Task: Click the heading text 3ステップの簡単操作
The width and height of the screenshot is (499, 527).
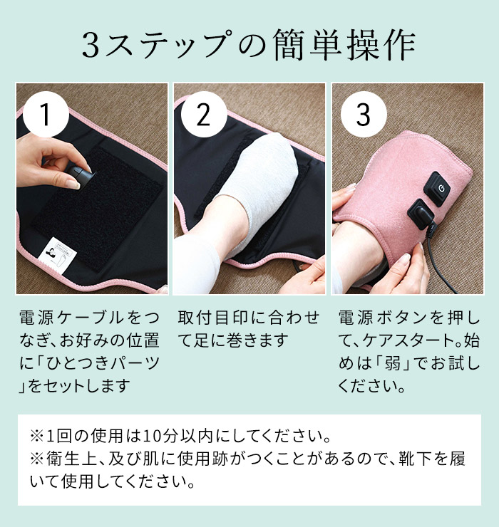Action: click(x=249, y=47)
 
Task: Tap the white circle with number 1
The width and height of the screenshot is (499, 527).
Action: click(x=46, y=115)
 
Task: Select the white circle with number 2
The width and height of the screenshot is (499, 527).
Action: click(x=204, y=115)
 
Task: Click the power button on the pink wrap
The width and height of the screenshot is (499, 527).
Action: click(x=438, y=189)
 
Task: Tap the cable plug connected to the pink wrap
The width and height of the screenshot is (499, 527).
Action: click(x=419, y=216)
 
